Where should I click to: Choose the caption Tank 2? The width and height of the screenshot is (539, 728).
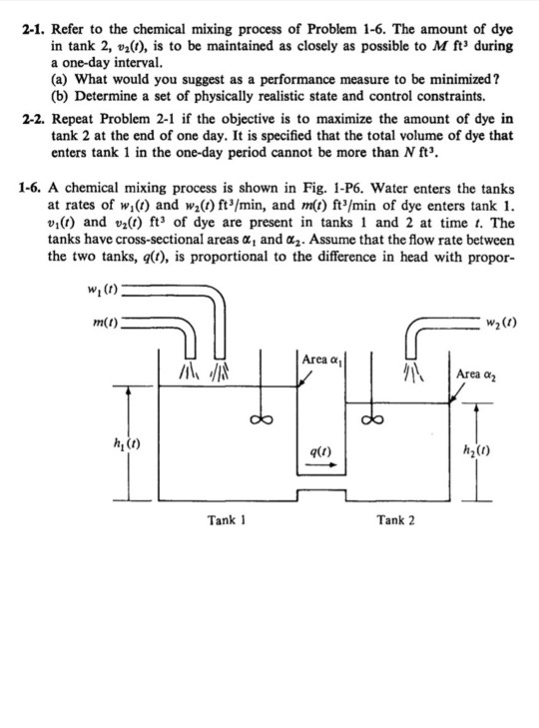pyautogui.click(x=396, y=519)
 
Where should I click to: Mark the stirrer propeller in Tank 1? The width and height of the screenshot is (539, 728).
pyautogui.click(x=261, y=419)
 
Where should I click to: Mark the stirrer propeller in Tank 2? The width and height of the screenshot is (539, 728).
pyautogui.click(x=373, y=419)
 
